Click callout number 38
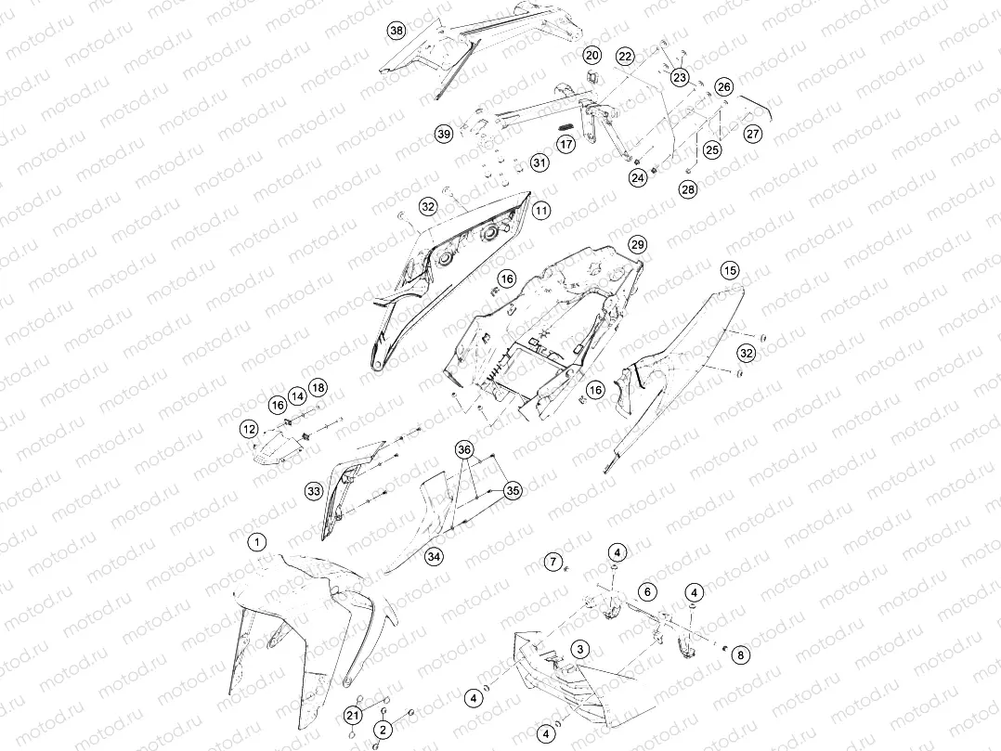coord(396,31)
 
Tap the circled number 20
coord(592,56)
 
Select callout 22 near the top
coord(625,57)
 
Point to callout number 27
coord(753,134)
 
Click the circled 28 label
coord(688,188)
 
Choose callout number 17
coord(566,144)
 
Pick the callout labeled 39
coord(444,134)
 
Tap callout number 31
coord(540,162)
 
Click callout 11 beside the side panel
coord(541,210)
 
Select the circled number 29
coord(637,244)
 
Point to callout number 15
coord(730,270)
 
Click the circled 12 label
coord(249,429)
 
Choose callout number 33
coord(314,491)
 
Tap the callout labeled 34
coord(435,557)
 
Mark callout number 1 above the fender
coord(256,543)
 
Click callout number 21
coord(353,716)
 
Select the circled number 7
coord(553,563)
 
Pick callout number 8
coord(741,654)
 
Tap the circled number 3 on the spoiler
coord(580,650)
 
